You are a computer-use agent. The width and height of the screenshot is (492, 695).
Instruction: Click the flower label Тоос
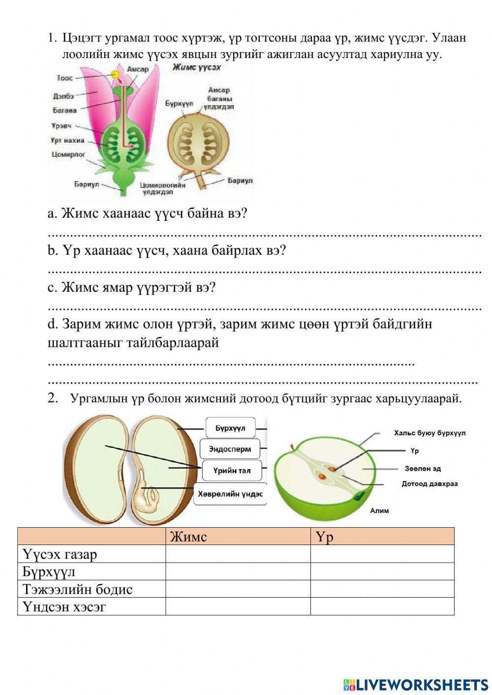[64, 78]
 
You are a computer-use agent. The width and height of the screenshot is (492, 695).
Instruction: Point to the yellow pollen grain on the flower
[116, 75]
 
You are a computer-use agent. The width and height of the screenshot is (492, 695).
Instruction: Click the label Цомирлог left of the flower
[68, 154]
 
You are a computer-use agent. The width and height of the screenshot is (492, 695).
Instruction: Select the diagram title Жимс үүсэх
[196, 68]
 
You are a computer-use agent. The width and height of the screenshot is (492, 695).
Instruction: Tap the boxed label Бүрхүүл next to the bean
[230, 428]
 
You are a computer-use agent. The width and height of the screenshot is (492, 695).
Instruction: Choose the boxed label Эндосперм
[230, 449]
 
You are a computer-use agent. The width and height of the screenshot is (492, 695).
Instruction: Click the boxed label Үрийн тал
[231, 471]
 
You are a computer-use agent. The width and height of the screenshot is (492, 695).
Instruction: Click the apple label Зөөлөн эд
[422, 469]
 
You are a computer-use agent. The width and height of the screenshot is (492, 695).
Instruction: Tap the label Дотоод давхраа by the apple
[430, 483]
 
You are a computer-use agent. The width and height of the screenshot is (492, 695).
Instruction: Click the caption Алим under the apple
[379, 511]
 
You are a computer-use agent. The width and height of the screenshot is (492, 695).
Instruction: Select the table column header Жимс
[188, 537]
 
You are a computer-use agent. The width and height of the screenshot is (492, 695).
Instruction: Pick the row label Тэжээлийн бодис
[77, 589]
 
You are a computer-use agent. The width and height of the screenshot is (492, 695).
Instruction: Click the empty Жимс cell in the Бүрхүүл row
[238, 572]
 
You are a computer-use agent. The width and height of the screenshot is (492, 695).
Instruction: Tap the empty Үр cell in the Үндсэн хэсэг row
[382, 606]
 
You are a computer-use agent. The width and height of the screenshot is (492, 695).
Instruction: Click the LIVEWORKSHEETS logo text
[421, 684]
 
